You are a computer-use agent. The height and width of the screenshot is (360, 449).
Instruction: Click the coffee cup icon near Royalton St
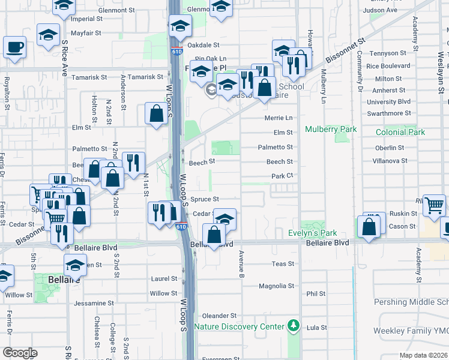[14, 47]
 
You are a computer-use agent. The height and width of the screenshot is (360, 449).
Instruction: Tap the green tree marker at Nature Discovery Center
[293, 326]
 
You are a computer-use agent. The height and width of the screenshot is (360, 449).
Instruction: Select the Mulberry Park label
[331, 129]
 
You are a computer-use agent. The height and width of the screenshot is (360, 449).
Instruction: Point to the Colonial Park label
[400, 132]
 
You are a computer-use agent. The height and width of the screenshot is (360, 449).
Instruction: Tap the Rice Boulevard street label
[388, 66]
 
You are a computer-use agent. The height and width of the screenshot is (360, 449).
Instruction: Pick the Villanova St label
[387, 161]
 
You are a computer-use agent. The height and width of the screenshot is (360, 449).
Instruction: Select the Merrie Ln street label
[279, 118]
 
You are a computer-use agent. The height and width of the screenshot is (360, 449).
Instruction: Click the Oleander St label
[220, 316]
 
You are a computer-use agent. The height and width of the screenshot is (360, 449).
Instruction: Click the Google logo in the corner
[20, 353]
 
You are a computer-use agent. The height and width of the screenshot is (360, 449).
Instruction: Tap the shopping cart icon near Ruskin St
[434, 205]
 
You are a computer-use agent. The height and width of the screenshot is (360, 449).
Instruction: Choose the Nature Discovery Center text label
[238, 327]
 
